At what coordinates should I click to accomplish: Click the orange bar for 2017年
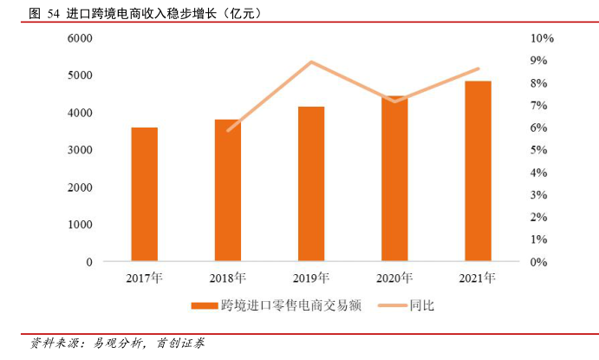[145, 194]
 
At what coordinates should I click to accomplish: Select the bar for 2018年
[228, 191]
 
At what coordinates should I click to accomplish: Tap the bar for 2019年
[311, 184]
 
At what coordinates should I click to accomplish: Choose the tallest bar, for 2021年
[478, 171]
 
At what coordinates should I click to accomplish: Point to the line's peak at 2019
[311, 62]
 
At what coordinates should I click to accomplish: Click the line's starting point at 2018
[228, 130]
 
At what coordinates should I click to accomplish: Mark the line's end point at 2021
[478, 69]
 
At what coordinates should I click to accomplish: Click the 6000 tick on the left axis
[80, 39]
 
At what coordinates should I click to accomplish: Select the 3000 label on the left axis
[80, 150]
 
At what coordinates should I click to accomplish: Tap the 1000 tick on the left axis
[80, 225]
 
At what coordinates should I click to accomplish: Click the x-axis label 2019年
[311, 278]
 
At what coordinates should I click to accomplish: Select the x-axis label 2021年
[478, 278]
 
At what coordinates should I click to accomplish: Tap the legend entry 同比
[421, 305]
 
